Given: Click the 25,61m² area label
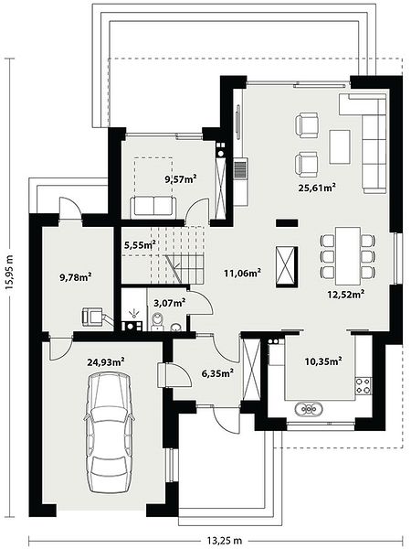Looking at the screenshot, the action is [317, 187].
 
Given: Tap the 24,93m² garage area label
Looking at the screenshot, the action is [106, 362].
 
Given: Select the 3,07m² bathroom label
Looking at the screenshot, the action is [170, 303].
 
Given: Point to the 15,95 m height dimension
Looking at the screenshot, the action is [9, 272].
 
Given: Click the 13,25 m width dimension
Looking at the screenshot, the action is [225, 540].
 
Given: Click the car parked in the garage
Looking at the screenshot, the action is [109, 433].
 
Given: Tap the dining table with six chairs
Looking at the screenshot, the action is [348, 256].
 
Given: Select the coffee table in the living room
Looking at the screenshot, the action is [340, 146].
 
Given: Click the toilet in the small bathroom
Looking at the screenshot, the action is [158, 322].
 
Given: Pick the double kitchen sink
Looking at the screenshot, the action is [310, 409].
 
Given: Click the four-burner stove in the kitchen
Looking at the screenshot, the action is [364, 385].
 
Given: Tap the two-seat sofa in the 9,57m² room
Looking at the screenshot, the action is [153, 207].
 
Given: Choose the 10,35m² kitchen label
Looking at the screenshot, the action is [323, 361].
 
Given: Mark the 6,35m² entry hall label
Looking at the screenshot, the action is [217, 373].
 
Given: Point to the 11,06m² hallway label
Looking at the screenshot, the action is [243, 273].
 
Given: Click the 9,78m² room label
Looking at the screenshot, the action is [76, 277].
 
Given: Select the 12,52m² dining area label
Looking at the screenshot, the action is [346, 294].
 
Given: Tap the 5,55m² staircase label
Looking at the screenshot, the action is [140, 244].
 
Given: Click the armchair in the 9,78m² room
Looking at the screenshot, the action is [93, 317].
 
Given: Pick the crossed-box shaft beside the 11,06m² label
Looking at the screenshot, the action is [287, 264].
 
